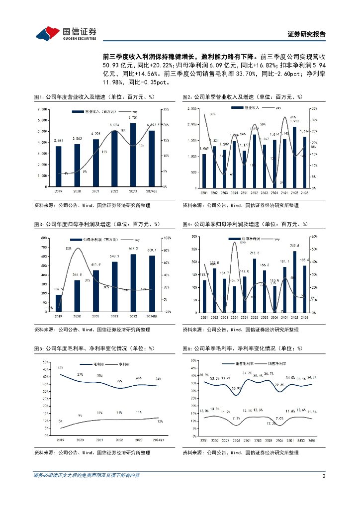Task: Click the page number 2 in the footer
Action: click(324, 476)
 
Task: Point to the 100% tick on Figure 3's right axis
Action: click(167, 238)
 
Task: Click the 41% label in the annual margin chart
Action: click(61, 367)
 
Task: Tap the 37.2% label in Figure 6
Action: click(247, 373)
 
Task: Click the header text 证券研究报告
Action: click(307, 34)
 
